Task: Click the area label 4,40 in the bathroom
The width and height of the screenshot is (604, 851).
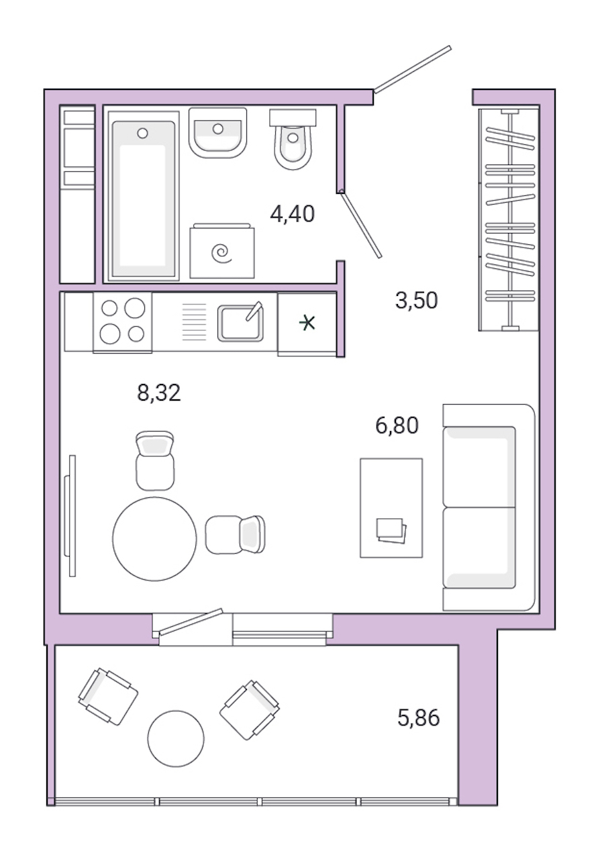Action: tap(292, 214)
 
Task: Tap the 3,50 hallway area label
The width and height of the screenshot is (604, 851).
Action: tap(416, 301)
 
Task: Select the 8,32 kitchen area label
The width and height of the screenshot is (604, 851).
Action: tap(159, 393)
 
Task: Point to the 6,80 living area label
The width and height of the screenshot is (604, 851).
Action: tap(397, 425)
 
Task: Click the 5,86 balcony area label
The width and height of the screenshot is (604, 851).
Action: tap(419, 718)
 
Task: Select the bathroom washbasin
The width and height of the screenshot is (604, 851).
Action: tap(217, 132)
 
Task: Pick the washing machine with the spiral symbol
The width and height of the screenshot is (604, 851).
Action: tap(221, 252)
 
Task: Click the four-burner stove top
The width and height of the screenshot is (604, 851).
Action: tap(122, 321)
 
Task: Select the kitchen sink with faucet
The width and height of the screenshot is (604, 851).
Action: tap(240, 322)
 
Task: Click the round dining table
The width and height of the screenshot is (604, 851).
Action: tap(154, 539)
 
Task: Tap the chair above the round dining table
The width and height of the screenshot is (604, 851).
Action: tap(155, 460)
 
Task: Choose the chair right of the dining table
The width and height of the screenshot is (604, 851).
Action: tap(235, 534)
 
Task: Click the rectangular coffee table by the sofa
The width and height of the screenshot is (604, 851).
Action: tap(391, 508)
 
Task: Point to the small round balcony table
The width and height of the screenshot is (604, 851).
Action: tap(175, 738)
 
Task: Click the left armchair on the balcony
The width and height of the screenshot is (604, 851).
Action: tap(108, 696)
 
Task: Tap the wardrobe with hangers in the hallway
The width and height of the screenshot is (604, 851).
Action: tap(509, 219)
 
